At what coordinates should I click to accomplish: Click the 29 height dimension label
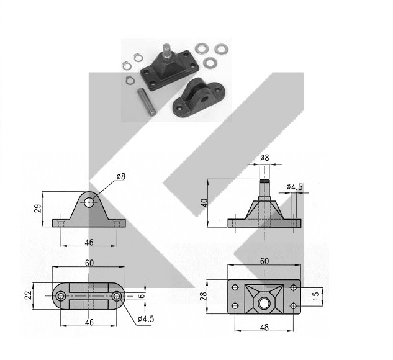pos(38,209)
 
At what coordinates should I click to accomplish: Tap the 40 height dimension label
pos(205,203)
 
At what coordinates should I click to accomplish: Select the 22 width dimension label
pos(29,295)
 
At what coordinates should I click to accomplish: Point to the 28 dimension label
pos(204,296)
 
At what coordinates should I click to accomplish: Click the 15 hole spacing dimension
pos(316,295)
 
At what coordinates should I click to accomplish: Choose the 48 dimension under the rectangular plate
pos(264,327)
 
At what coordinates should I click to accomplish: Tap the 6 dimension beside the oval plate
pos(142,295)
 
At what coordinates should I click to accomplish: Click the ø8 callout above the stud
pos(264,158)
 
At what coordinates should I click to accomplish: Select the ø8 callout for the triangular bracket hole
pos(121,176)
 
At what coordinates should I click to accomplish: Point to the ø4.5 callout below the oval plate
pos(146,319)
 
